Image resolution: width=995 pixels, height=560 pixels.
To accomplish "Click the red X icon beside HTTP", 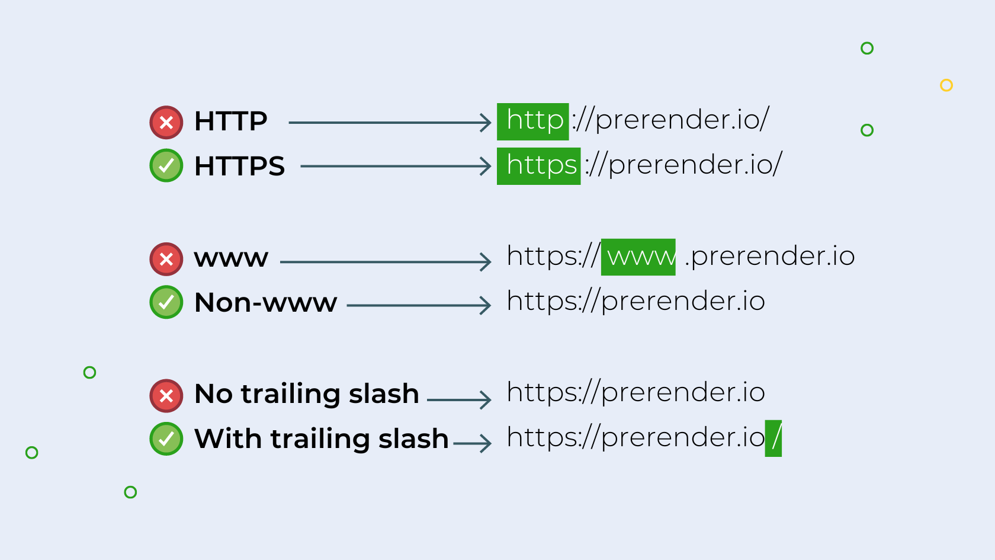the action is click(166, 122).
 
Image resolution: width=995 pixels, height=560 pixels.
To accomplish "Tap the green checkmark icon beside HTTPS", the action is click(166, 165).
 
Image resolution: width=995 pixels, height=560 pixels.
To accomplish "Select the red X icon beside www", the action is click(166, 259).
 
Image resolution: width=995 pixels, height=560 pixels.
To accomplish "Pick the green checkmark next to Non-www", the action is click(166, 302).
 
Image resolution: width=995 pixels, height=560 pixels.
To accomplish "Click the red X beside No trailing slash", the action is click(166, 396).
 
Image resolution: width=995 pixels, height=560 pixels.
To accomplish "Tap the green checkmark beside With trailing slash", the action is click(166, 439).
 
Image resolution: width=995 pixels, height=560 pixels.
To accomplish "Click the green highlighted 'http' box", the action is click(532, 122).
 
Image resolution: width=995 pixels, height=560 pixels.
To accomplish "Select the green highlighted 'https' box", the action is click(538, 166).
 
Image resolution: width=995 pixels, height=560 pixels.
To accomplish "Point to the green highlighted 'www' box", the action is click(638, 257).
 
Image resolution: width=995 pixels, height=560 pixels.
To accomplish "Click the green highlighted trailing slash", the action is click(773, 439).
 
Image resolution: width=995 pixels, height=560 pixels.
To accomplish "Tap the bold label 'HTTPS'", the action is click(239, 166).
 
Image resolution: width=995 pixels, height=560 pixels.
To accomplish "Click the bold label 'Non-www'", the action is click(265, 303).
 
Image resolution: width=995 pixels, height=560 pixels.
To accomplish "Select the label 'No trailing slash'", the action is click(307, 393).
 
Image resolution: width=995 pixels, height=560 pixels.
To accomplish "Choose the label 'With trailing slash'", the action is click(321, 439).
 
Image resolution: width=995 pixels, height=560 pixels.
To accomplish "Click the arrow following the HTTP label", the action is click(390, 123).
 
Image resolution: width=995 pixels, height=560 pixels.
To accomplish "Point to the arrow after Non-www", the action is click(419, 305).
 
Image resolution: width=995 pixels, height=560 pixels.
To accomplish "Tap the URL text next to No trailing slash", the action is click(635, 393).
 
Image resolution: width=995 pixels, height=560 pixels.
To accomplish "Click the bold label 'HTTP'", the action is click(230, 121).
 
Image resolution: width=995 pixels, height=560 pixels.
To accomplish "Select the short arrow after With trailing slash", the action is click(472, 443).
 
